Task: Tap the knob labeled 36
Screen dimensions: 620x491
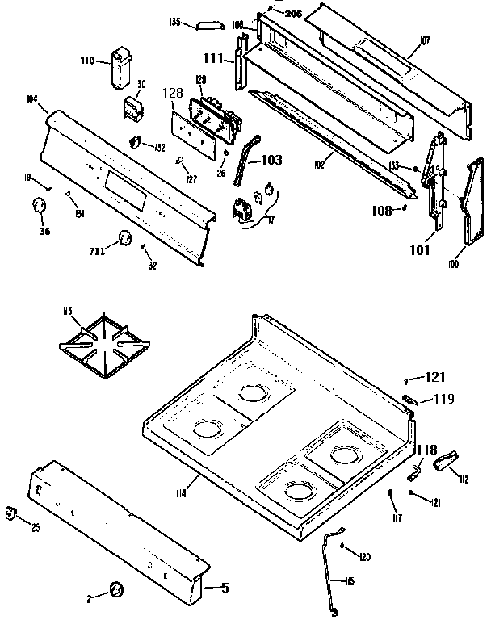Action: [37, 207]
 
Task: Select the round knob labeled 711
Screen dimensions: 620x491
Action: [125, 237]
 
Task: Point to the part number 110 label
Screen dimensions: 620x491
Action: [88, 61]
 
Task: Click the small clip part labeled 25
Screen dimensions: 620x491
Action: [11, 512]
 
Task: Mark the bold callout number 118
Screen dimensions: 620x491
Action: [426, 449]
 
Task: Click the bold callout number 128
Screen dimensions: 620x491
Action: [174, 94]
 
